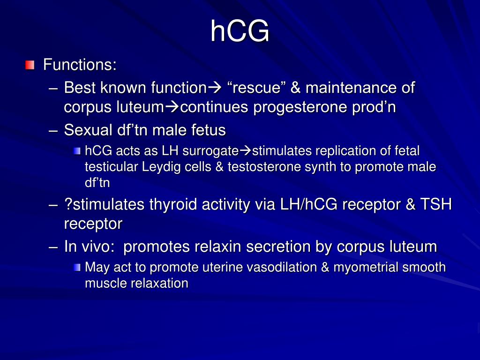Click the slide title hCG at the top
240,31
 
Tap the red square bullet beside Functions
30,64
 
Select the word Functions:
80,64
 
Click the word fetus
208,130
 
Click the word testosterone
257,166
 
